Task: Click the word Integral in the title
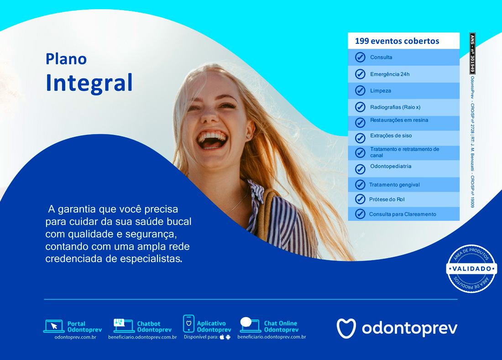pos(89,83)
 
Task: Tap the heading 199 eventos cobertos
pos(397,41)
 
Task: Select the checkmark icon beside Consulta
pos(360,57)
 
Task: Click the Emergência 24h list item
pos(390,74)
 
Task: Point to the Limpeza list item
pos(380,90)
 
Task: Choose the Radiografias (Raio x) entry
pos(395,107)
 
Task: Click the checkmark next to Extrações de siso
pos(360,138)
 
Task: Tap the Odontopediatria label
pos(391,166)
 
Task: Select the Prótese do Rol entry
pos(387,199)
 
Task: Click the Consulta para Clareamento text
pos(403,214)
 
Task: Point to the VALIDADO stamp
pos(471,268)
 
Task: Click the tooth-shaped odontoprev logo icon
pos(346,328)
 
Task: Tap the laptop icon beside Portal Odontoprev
pos(54,326)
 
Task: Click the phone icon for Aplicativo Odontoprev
pos(188,323)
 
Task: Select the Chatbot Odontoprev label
pos(154,327)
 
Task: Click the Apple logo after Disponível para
pos(222,337)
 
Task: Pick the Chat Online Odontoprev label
pos(281,326)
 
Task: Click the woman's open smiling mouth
pos(212,140)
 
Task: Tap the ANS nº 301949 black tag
pos(472,53)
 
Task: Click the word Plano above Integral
pos(66,59)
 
